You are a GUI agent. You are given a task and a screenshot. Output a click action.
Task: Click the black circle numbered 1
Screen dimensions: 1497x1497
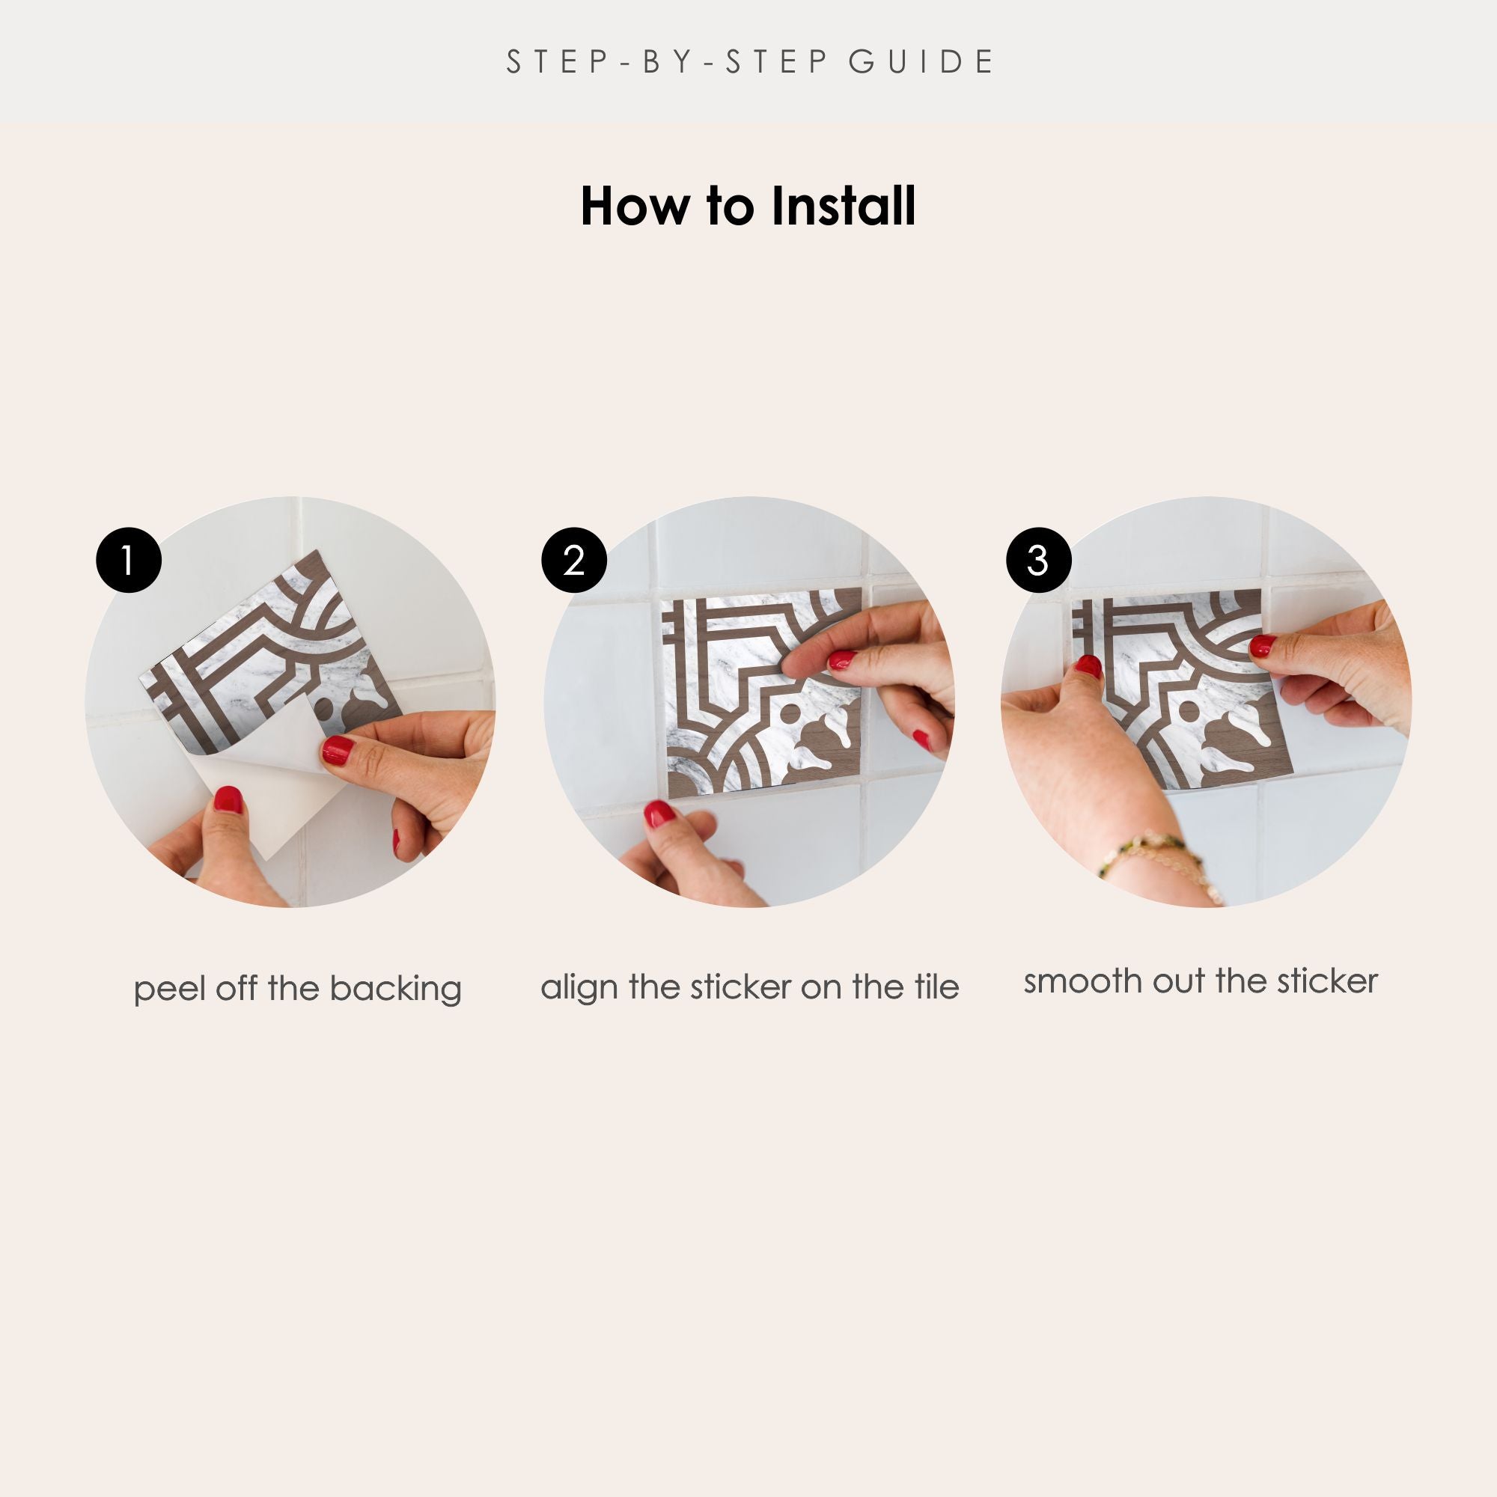(129, 560)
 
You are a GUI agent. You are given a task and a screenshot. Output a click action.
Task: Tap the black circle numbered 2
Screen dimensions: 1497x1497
(573, 560)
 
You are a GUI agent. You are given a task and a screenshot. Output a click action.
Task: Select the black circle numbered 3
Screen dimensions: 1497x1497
(1038, 560)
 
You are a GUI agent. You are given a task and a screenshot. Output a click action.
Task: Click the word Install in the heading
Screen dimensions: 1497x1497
(843, 207)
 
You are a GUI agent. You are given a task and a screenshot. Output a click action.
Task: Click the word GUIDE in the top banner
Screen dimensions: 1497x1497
(921, 62)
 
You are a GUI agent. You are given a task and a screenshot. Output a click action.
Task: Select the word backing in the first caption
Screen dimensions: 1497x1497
(395, 990)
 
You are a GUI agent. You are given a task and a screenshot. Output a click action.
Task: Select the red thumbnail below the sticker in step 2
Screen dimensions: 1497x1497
(659, 814)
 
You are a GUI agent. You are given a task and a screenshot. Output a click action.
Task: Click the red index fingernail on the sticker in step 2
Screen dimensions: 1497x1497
(842, 660)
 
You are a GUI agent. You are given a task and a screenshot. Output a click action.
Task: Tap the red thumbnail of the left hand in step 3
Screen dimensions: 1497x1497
(1088, 665)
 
